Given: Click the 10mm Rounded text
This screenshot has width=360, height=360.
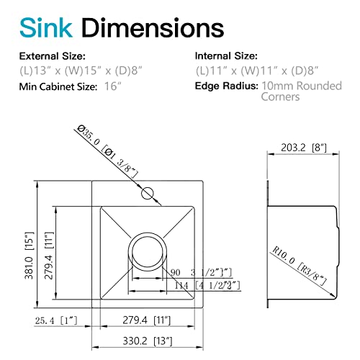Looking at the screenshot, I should [294, 86].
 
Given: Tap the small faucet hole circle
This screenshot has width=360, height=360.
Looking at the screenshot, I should [148, 192].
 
